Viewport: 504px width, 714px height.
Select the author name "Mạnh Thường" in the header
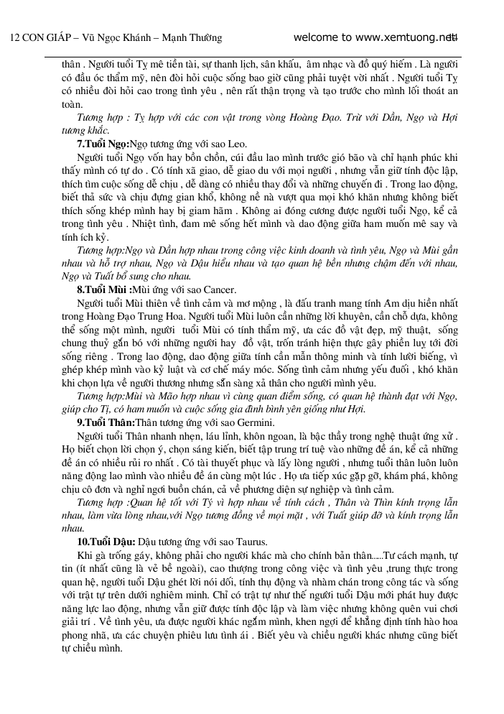pos(192,38)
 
